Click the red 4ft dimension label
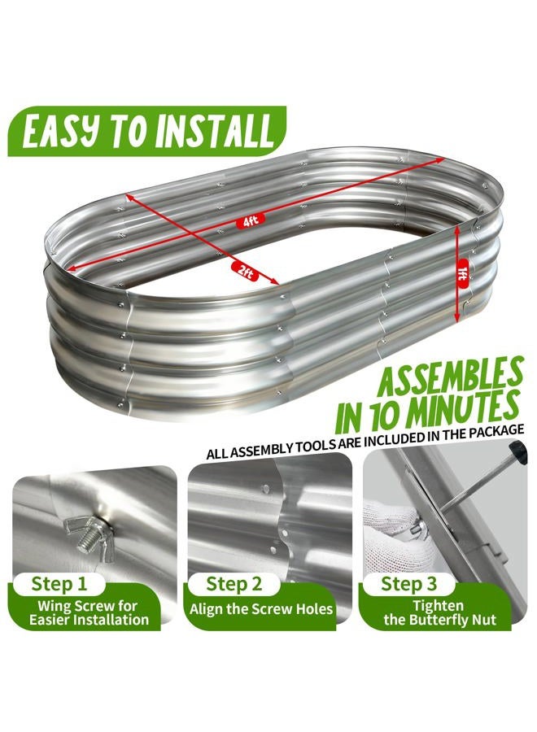[250, 220]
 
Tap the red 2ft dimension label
[244, 270]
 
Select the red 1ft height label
[462, 274]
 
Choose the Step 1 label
[59, 583]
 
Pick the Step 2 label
[234, 583]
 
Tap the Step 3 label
[409, 583]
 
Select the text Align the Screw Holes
[261, 609]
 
